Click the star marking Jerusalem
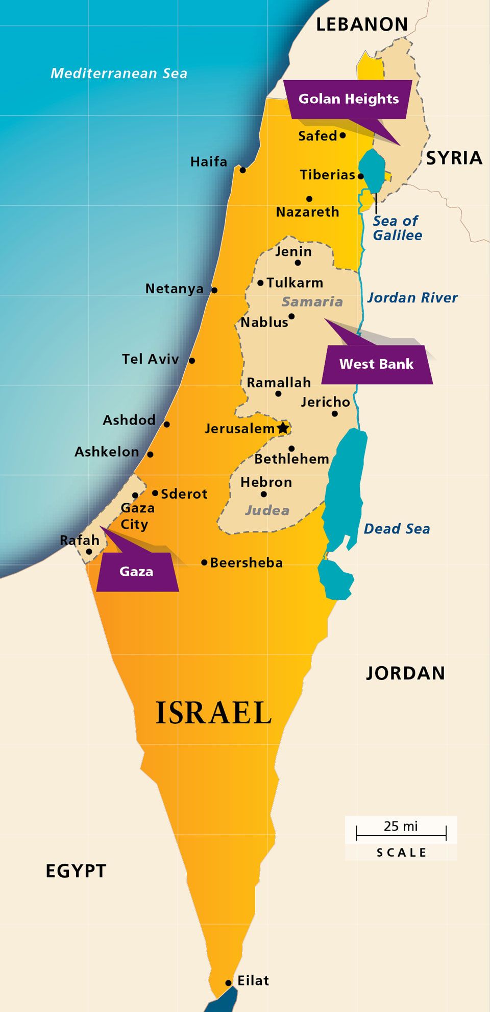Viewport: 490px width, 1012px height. point(283,428)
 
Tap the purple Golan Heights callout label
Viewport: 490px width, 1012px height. point(348,99)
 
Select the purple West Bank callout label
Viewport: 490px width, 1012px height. point(377,364)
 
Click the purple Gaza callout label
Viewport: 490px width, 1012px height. point(137,572)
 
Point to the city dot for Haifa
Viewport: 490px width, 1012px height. point(243,170)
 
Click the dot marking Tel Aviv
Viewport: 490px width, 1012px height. point(192,361)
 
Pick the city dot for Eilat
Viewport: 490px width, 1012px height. point(228,983)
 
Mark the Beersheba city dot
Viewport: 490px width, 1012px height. point(204,562)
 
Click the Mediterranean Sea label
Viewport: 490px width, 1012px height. point(119,74)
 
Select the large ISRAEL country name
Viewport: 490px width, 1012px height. point(213,713)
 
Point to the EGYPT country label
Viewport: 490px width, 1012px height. point(76,871)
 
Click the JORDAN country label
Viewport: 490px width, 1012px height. point(405,673)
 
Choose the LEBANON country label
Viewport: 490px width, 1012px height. point(362,25)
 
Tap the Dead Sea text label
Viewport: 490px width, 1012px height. point(397,529)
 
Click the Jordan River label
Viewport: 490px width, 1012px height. point(412,298)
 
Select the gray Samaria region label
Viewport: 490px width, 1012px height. point(312,302)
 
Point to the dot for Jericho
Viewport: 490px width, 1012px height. point(335,414)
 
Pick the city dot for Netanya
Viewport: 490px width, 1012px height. point(214,290)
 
